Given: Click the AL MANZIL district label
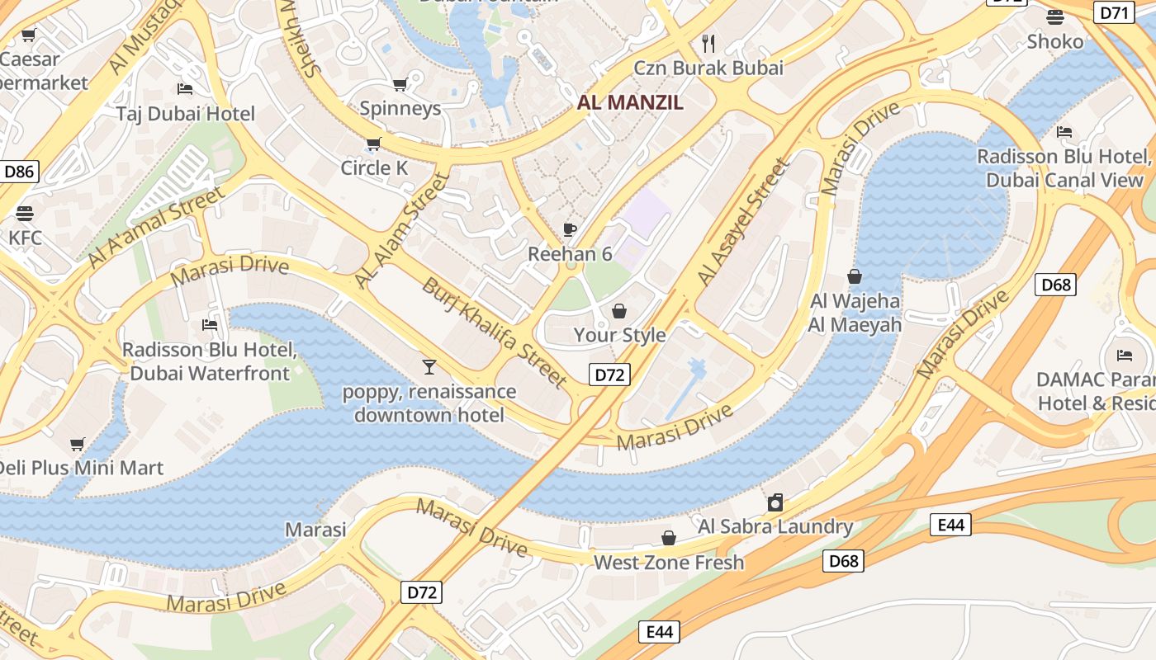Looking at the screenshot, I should [x=630, y=102].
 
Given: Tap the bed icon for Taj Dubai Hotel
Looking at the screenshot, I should [x=185, y=88].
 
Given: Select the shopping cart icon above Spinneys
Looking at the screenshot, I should [x=400, y=83].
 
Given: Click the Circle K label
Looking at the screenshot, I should [x=374, y=167].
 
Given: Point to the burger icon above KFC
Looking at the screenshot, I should [x=25, y=213].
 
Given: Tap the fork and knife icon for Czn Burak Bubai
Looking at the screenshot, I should [x=708, y=42].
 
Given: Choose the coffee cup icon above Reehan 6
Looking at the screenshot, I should [x=570, y=229].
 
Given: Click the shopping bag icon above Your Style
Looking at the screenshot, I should [x=619, y=310].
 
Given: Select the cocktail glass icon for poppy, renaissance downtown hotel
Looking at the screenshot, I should [x=429, y=366].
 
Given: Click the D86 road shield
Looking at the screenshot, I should [x=19, y=172].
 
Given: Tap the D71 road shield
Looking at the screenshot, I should [x=1114, y=12].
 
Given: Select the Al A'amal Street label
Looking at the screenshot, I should [x=156, y=227].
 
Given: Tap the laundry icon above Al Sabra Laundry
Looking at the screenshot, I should [x=775, y=502].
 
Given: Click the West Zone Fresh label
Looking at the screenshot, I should [x=669, y=563].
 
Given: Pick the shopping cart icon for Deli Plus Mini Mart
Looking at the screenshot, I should [x=78, y=444].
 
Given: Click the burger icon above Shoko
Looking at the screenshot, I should [x=1055, y=16].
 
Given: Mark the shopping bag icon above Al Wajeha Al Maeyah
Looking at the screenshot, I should [x=855, y=276].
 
